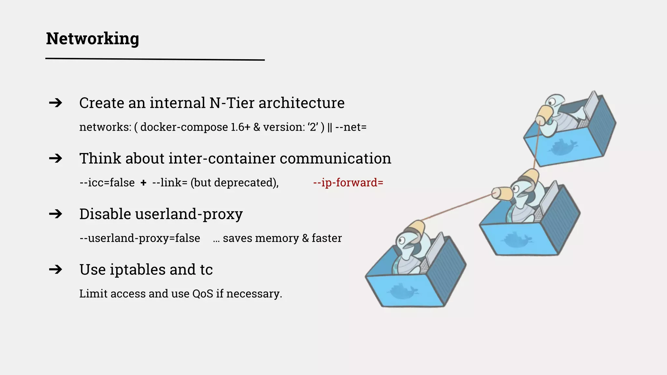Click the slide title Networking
[x=92, y=39]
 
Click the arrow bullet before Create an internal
[x=55, y=103]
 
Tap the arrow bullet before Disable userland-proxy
[x=55, y=214]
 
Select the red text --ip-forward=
[x=348, y=183]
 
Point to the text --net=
[x=351, y=127]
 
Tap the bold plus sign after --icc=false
[x=143, y=183]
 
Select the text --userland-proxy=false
[x=140, y=238]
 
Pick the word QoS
[x=203, y=294]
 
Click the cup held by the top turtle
[x=545, y=114]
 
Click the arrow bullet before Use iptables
[x=55, y=270]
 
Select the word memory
[x=277, y=238]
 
